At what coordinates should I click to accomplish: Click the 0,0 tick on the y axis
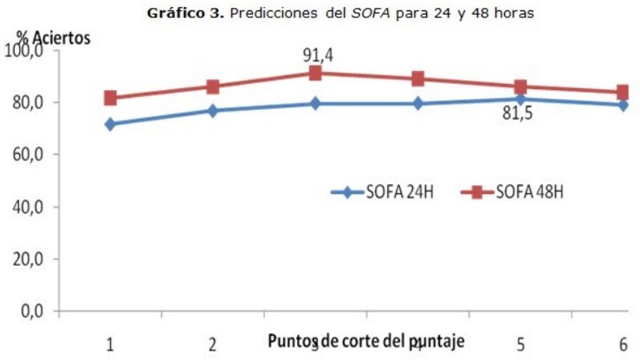(31, 311)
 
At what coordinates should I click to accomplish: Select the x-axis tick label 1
(110, 344)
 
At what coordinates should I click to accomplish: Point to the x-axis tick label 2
(212, 344)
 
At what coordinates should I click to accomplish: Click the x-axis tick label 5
(520, 344)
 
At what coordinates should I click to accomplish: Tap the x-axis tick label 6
(623, 344)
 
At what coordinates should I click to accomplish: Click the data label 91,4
(318, 55)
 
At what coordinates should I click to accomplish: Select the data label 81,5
(518, 113)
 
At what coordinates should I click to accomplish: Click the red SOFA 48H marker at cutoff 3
(315, 73)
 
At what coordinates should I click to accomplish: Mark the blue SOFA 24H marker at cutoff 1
(110, 124)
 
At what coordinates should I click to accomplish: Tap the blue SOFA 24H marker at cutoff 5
(520, 99)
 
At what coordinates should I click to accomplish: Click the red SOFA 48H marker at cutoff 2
(212, 87)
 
